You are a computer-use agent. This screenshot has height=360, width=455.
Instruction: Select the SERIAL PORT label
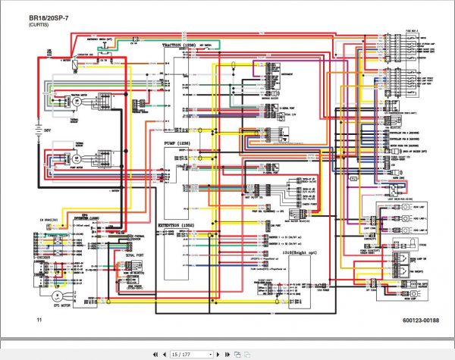[x=135, y=255]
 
